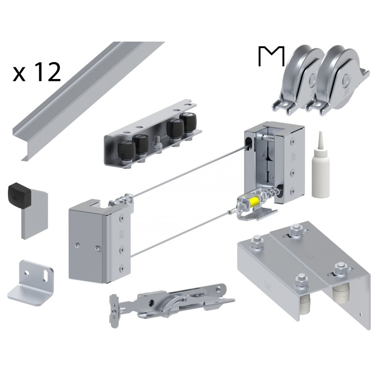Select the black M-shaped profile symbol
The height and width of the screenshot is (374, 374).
271,56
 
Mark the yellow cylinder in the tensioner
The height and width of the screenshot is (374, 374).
254,202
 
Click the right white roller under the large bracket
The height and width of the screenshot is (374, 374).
340,296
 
